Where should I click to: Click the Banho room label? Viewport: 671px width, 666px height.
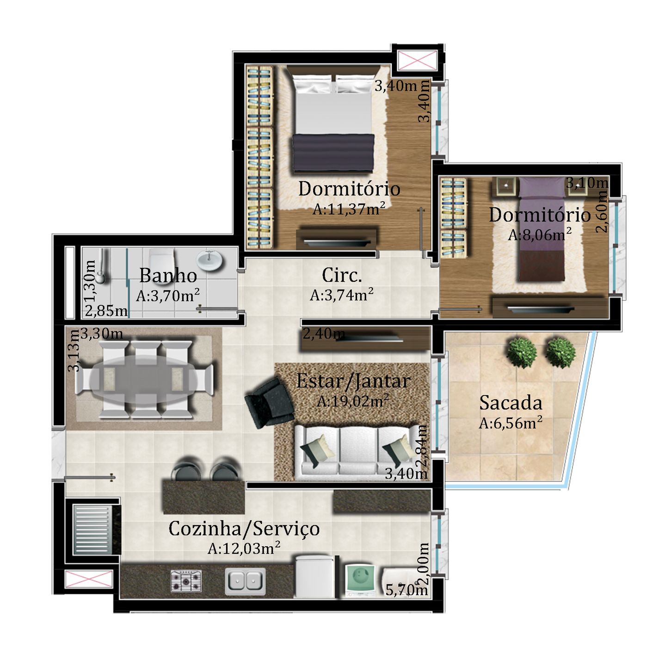point(168,276)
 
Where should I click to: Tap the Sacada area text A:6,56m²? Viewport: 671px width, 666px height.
point(511,423)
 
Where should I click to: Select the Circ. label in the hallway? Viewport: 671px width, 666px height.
point(342,275)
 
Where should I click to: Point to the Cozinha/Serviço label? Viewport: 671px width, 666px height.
point(244,529)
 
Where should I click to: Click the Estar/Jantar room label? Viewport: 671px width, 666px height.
point(353,381)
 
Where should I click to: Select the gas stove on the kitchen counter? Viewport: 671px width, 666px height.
point(186,580)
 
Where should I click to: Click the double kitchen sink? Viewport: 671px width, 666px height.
point(246,581)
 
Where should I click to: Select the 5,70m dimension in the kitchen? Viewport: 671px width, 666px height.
point(406,589)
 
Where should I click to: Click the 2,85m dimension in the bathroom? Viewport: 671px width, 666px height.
point(106,311)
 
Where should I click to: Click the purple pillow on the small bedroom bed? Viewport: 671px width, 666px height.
point(542,187)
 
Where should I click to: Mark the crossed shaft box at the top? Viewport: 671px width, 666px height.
point(417,60)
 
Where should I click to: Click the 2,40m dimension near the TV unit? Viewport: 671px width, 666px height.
point(324,334)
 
